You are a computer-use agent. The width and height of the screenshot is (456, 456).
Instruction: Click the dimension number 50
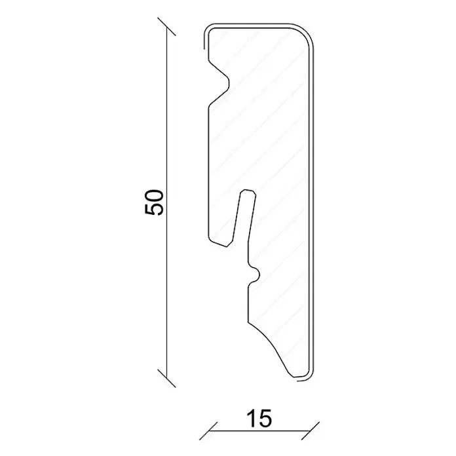click(153, 202)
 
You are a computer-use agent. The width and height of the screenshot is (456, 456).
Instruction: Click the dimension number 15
click(259, 419)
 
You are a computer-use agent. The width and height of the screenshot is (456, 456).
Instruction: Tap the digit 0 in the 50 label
click(153, 196)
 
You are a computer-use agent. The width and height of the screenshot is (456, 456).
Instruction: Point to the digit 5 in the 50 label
click(153, 210)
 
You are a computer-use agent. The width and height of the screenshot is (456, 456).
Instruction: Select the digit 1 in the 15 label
click(251, 419)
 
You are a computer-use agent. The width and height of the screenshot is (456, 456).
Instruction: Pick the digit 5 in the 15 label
click(265, 419)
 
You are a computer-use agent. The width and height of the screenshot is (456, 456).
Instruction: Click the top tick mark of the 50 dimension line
click(166, 27)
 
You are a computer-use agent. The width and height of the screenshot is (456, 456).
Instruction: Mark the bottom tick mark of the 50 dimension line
click(166, 378)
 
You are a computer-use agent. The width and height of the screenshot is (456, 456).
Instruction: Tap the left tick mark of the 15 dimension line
click(208, 430)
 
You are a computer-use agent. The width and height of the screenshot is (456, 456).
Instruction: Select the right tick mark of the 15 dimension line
click(311, 430)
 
